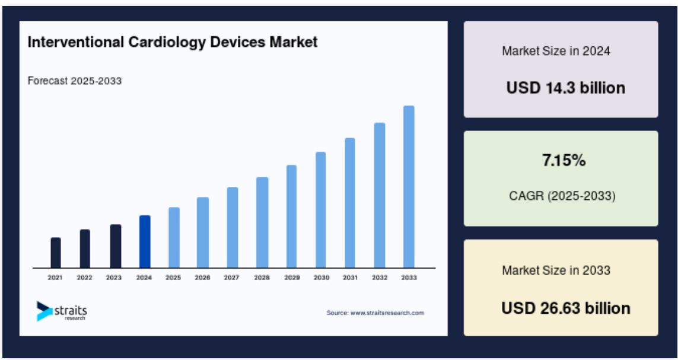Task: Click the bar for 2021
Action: click(x=56, y=253)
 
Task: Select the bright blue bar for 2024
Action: click(x=144, y=241)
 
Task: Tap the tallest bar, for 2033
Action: click(x=409, y=187)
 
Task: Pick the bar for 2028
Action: click(x=262, y=222)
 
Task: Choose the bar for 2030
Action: click(x=320, y=210)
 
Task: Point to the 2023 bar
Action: click(x=115, y=246)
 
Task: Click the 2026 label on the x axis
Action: click(x=202, y=278)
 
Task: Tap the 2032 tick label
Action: click(x=379, y=278)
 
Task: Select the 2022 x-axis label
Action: click(x=85, y=278)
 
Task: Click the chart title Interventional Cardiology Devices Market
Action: click(x=173, y=42)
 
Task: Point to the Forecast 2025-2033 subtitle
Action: click(x=75, y=81)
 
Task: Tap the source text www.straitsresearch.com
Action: click(x=375, y=313)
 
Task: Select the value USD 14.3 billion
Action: click(x=565, y=88)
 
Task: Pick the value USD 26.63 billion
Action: click(x=565, y=308)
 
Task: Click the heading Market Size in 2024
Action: click(x=556, y=51)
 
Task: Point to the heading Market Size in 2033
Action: click(x=556, y=270)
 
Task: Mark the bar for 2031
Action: click(x=350, y=203)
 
